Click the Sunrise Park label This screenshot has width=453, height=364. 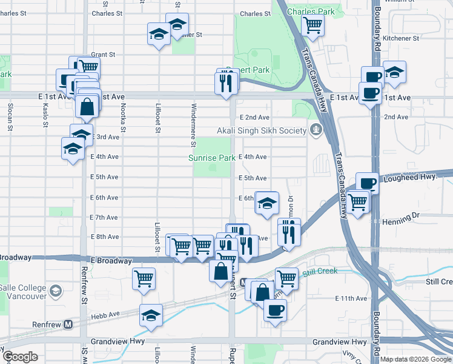[x=211, y=158]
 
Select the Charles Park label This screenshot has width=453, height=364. [x=311, y=12]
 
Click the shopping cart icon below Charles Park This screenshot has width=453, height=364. [x=313, y=25]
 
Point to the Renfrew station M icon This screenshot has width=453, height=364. [x=68, y=324]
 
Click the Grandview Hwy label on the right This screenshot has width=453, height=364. [x=340, y=342]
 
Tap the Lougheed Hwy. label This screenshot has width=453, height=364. [x=415, y=177]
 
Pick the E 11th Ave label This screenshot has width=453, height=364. [x=351, y=298]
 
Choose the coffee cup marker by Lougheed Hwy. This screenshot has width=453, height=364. [x=367, y=183]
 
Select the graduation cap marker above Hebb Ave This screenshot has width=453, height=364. [x=151, y=315]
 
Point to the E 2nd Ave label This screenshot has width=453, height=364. [x=254, y=117]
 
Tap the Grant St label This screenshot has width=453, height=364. [x=103, y=55]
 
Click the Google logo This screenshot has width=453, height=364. [x=20, y=357]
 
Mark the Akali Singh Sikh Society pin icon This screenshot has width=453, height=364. [x=316, y=130]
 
